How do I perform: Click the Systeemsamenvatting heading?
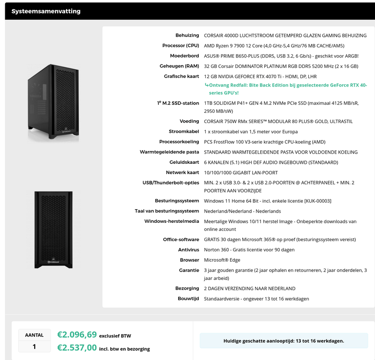click(46, 11)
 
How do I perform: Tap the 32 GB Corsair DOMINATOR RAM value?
click(281, 66)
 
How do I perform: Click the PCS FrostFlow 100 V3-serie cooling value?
click(264, 142)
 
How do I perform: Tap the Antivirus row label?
click(188, 250)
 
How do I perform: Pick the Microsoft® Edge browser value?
click(223, 260)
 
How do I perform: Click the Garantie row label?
click(189, 270)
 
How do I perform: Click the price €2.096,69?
click(77, 335)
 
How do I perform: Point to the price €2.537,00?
click(77, 348)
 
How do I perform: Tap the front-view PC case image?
click(53, 229)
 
